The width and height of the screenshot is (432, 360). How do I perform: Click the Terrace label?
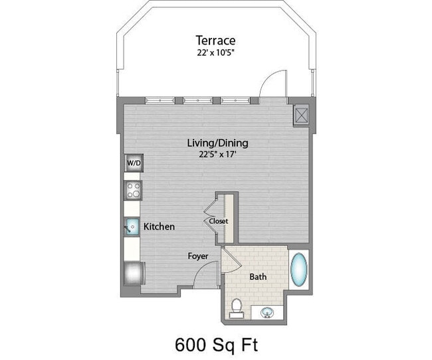pyautogui.click(x=216, y=40)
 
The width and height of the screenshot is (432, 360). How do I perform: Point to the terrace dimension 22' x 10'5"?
pyautogui.click(x=216, y=52)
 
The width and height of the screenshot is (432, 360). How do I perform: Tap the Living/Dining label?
pyautogui.click(x=217, y=143)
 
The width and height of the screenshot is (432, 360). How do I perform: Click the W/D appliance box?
pyautogui.click(x=134, y=163)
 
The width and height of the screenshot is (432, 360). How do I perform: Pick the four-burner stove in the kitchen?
pyautogui.click(x=133, y=191)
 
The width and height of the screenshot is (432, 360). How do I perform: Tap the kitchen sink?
pyautogui.click(x=132, y=227)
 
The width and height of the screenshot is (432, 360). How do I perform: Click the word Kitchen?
pyautogui.click(x=160, y=227)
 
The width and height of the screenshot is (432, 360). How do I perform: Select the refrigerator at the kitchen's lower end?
pyautogui.click(x=133, y=272)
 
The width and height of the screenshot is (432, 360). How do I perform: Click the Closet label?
pyautogui.click(x=218, y=221)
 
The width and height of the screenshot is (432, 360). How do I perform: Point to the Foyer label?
pyautogui.click(x=197, y=256)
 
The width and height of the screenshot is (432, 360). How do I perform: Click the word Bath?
pyautogui.click(x=258, y=276)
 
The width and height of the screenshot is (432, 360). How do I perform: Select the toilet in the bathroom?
pyautogui.click(x=236, y=307)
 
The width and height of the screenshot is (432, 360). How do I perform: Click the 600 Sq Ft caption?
pyautogui.click(x=216, y=345)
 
